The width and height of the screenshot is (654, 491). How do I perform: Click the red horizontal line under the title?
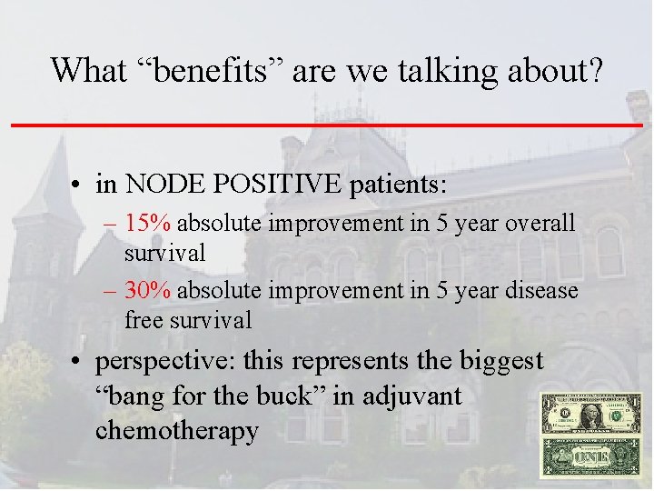click(x=327, y=124)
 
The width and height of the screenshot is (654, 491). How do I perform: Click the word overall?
click(x=540, y=224)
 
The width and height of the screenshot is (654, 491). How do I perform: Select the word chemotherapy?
click(x=176, y=430)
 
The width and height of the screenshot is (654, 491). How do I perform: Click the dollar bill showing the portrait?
click(x=590, y=414)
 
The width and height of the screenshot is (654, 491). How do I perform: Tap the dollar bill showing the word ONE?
click(x=590, y=458)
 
